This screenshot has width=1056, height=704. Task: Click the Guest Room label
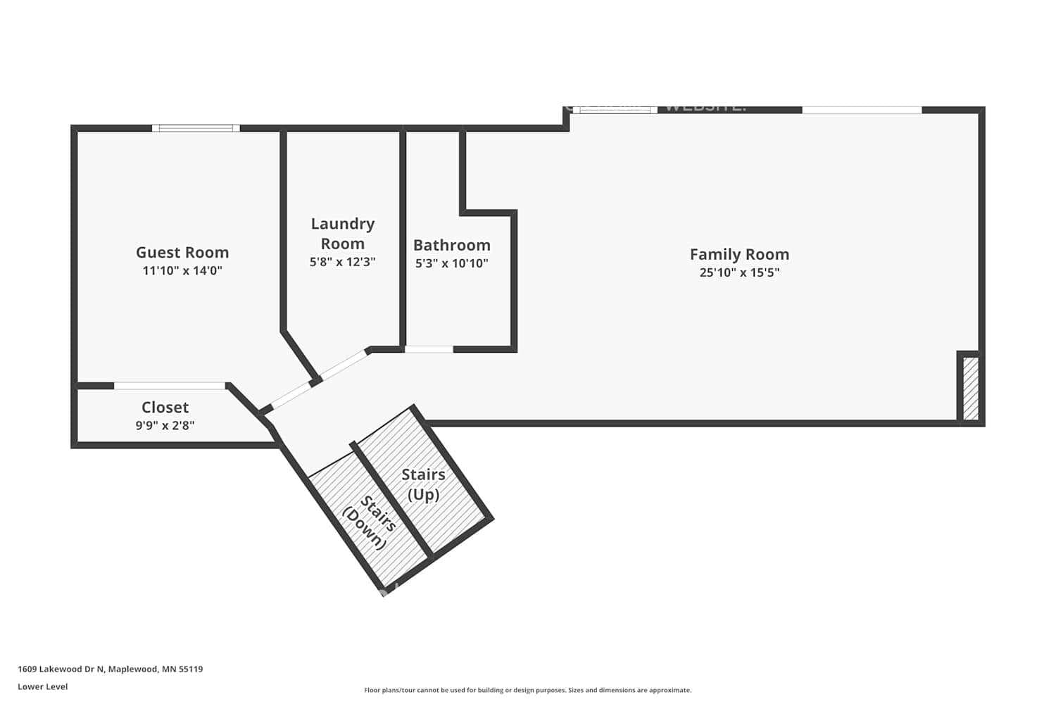point(182,252)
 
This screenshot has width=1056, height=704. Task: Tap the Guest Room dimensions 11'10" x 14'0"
point(182,270)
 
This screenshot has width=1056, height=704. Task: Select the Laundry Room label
point(343,234)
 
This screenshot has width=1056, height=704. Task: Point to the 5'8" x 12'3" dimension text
point(343,262)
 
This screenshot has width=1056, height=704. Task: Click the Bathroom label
point(451,245)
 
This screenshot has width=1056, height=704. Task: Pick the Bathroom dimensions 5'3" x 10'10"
point(451,263)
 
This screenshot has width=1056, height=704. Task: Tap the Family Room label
point(739,254)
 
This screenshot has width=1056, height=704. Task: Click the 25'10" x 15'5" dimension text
point(739,272)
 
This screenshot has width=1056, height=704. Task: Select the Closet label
point(165,407)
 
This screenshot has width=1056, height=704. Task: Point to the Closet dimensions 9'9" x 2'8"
point(165,425)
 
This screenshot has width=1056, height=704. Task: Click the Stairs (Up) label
point(423,484)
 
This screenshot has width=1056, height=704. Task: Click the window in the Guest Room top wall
point(196,128)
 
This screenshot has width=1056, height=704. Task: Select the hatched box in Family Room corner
point(970,389)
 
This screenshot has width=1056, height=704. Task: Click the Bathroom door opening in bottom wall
point(429,349)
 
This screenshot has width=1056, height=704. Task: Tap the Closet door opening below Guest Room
point(170,386)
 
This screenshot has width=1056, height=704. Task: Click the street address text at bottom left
point(110,669)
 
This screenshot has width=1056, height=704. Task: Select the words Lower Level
point(42,686)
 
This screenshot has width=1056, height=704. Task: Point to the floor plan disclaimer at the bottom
point(527,690)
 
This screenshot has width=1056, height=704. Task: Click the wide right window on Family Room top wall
point(862,110)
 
